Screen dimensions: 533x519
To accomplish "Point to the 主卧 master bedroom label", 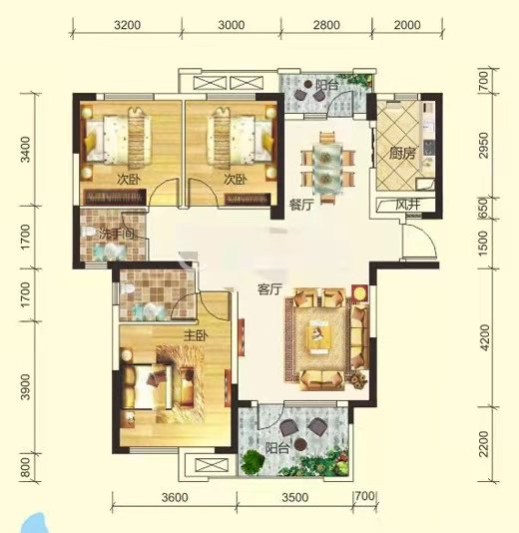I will [194, 335].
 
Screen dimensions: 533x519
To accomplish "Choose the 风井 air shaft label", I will [406, 205].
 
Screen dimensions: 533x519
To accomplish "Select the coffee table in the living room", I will [320, 337].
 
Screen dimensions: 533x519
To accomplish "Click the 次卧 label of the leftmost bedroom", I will [126, 180].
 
